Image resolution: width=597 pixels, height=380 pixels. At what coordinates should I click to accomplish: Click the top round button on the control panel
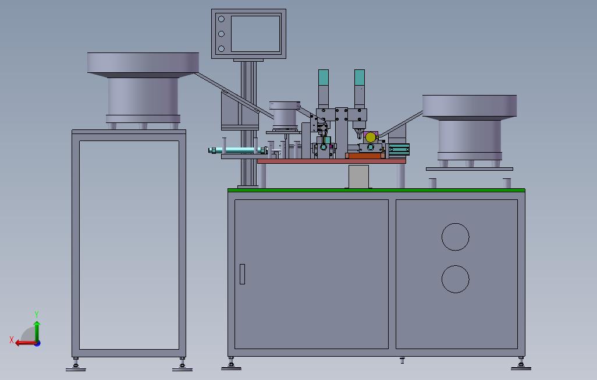(221, 19)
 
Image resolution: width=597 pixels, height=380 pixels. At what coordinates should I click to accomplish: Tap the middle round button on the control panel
(221, 34)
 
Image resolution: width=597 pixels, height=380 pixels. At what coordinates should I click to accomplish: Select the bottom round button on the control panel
(221, 48)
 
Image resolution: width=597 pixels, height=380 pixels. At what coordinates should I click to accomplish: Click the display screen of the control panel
(255, 34)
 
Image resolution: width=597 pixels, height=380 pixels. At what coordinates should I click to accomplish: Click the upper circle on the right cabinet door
(456, 237)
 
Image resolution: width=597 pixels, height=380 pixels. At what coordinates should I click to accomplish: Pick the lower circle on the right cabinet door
(456, 279)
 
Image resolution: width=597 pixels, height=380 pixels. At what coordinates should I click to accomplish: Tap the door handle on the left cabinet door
(242, 274)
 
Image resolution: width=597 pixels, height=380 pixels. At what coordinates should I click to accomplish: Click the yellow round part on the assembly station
(371, 138)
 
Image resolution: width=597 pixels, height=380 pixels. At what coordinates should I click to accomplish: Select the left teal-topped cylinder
(324, 89)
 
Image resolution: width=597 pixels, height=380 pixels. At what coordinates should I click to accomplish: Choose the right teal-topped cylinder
(360, 89)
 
